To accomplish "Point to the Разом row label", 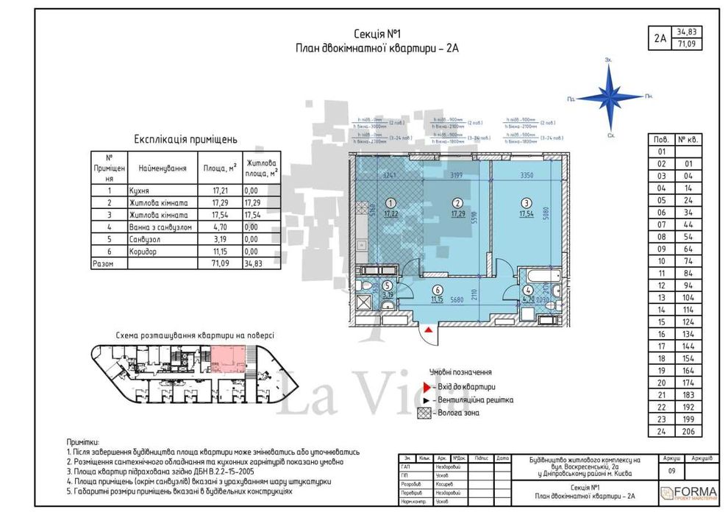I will click(x=101, y=263).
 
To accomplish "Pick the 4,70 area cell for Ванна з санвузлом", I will click(x=213, y=227).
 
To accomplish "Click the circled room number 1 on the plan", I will click(x=390, y=204).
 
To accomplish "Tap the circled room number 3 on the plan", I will click(x=526, y=204).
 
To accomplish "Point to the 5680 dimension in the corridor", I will click(x=456, y=299).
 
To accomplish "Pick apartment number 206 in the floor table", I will click(x=691, y=431).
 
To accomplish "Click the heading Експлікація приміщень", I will click(x=185, y=138).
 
